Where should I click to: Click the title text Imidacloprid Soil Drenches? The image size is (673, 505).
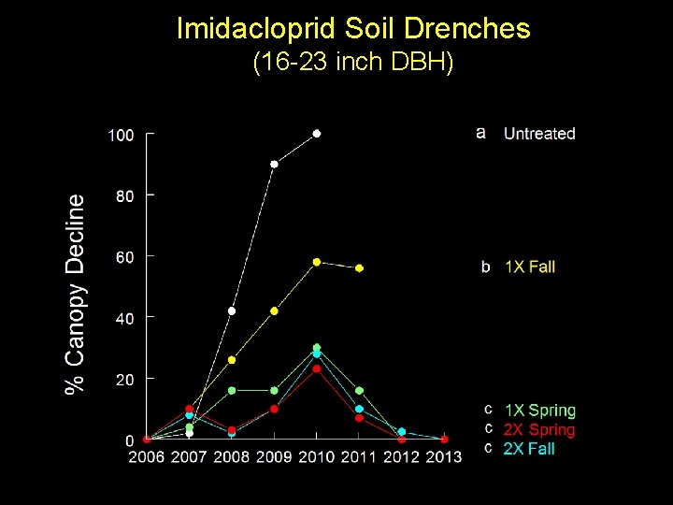click(353, 28)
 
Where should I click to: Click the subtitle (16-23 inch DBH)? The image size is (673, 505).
click(353, 64)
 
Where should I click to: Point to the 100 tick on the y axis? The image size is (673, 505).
click(121, 136)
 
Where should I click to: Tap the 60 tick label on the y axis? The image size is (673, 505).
click(124, 257)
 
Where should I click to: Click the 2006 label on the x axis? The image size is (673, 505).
click(146, 456)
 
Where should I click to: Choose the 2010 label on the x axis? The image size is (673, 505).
click(316, 456)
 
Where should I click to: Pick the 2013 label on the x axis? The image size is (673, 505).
click(443, 456)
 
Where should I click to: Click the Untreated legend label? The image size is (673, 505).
click(539, 134)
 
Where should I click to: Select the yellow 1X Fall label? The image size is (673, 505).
click(529, 267)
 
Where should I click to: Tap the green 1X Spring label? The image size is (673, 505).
click(540, 411)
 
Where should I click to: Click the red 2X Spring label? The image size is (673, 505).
click(539, 429)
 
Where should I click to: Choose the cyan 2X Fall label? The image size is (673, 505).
click(529, 449)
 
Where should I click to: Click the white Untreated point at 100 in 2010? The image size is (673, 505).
click(317, 134)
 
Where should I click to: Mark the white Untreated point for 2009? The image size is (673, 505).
click(274, 165)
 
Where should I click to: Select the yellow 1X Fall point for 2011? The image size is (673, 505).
click(359, 268)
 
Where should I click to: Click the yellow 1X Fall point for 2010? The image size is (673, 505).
click(317, 262)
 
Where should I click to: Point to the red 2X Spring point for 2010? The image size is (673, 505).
click(317, 368)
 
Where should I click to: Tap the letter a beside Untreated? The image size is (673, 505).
click(480, 133)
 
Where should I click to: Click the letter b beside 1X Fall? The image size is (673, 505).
click(485, 267)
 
